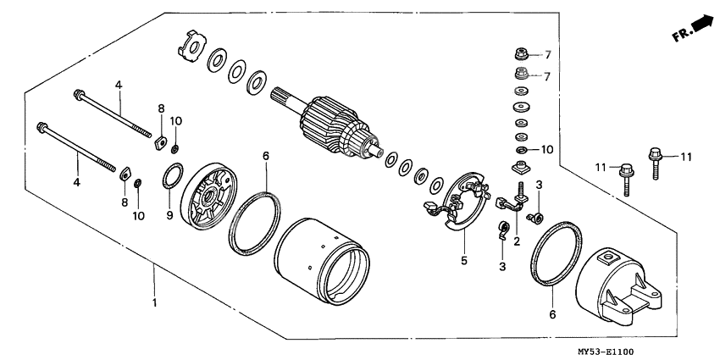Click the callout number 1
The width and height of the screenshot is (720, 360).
pos(153,303)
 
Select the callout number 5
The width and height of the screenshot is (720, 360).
pos(464,261)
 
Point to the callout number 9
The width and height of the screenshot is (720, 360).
pos(168,217)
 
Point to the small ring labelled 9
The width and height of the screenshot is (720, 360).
pos(173,180)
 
